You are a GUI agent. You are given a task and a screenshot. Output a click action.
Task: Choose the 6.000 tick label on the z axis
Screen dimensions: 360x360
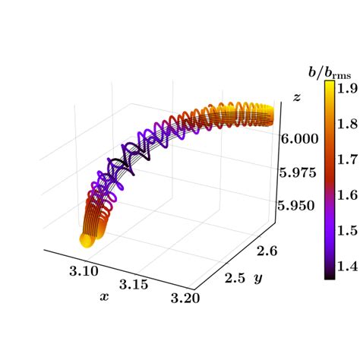tap(302, 139)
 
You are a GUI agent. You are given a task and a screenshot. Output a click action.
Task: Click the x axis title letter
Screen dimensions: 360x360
tap(104, 297)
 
